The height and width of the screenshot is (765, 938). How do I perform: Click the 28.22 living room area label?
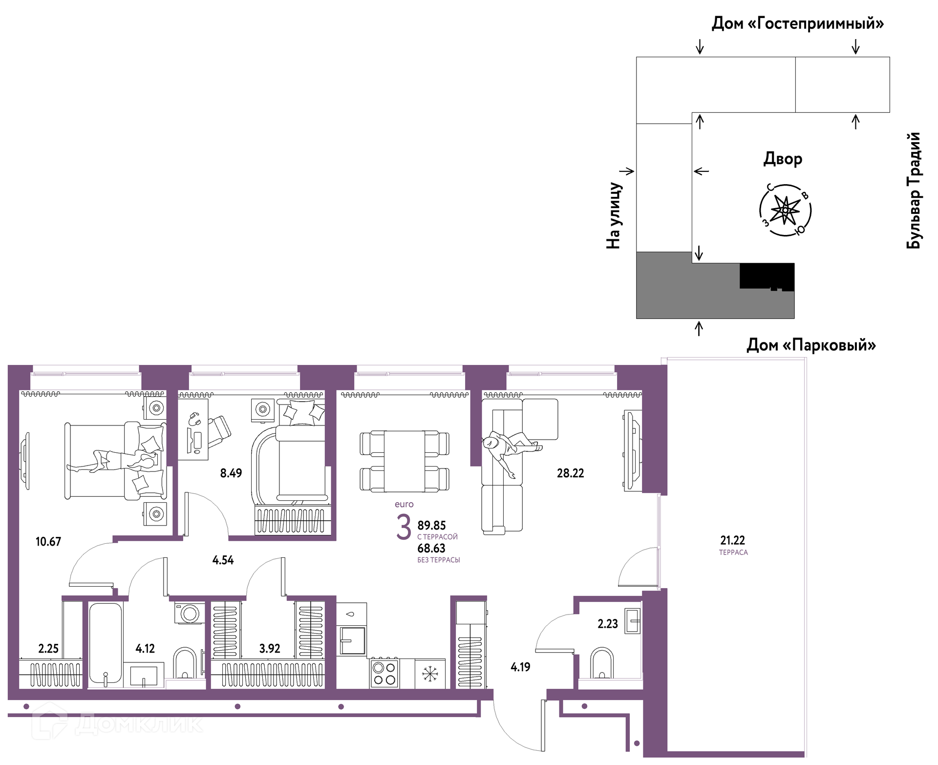tap(570, 473)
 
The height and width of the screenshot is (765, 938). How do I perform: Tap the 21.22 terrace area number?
tap(732, 540)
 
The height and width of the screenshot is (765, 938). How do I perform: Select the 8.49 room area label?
tap(231, 473)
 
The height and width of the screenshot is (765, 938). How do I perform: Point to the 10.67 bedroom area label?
tap(48, 541)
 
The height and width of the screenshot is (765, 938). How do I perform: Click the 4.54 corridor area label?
tap(223, 560)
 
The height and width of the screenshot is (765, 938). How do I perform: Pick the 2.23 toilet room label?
tap(608, 624)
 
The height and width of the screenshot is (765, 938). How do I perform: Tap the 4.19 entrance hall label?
tap(520, 667)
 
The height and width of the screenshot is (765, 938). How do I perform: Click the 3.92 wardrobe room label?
tap(270, 649)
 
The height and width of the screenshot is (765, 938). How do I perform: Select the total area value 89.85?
tap(431, 526)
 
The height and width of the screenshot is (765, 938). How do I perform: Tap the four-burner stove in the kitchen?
tap(384, 673)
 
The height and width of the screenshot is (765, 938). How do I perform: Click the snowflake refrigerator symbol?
tap(430, 674)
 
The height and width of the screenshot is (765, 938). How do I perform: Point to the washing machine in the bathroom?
tap(190, 613)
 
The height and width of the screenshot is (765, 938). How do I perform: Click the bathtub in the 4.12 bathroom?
tap(105, 644)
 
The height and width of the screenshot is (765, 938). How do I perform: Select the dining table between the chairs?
tap(405, 461)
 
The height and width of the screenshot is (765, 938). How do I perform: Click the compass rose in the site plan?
tap(785, 211)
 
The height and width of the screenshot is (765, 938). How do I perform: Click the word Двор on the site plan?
tap(783, 159)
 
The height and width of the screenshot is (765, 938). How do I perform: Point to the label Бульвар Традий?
tap(914, 191)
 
